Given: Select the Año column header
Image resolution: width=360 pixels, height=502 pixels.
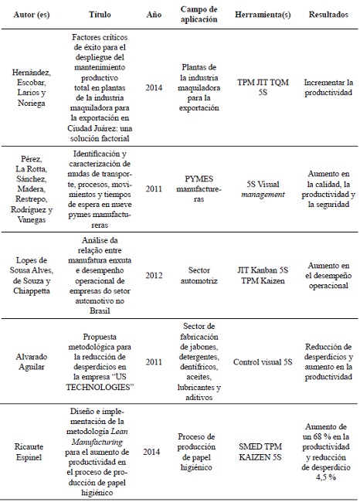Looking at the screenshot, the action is pyautogui.click(x=153, y=14).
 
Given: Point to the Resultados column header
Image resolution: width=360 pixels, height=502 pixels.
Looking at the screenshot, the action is pyautogui.click(x=328, y=14).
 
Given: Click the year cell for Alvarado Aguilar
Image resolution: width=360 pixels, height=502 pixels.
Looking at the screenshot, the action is pyautogui.click(x=153, y=361).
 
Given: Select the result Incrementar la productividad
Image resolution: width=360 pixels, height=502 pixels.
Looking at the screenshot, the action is pyautogui.click(x=328, y=86).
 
